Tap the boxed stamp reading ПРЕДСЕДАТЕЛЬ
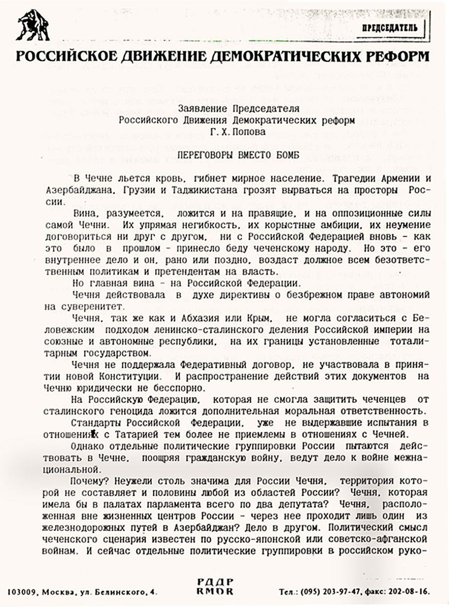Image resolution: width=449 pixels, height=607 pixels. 394,28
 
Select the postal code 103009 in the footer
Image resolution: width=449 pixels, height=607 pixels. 23,593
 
